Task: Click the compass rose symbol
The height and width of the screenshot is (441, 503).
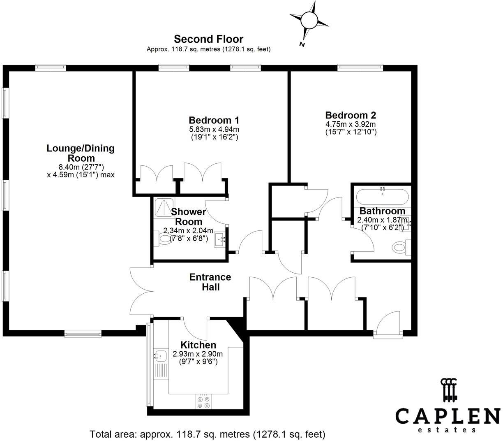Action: (309, 20)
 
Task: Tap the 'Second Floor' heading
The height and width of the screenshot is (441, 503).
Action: (208, 39)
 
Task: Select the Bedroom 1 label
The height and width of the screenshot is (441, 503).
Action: (214, 120)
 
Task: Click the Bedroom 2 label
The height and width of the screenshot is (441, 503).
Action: (350, 115)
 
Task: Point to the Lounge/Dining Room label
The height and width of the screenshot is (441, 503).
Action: (81, 153)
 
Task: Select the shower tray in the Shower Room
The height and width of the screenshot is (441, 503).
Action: (164, 207)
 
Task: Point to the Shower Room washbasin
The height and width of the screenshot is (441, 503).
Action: (220, 239)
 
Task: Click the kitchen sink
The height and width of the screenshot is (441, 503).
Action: (160, 355)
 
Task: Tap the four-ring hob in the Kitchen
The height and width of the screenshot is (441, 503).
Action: (204, 402)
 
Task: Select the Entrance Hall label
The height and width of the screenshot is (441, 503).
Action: (210, 282)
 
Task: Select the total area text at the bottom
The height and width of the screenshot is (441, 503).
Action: (208, 434)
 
